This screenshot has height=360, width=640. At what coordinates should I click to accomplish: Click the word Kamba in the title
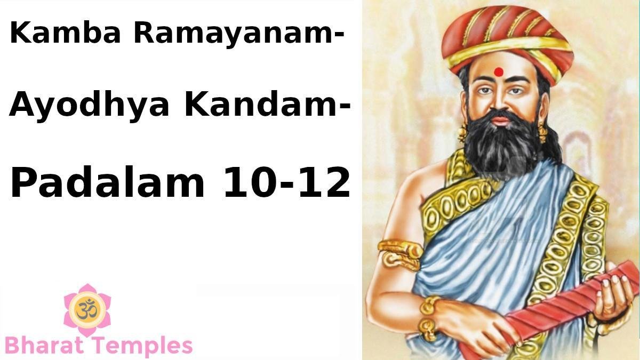coord(65,33)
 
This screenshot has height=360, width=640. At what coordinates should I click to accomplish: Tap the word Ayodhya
coord(89,106)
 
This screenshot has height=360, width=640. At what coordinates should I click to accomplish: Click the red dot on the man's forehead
coord(499,72)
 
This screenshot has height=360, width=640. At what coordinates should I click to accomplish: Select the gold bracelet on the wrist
coord(429,317)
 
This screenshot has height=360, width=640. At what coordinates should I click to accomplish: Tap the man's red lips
coord(500,120)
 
